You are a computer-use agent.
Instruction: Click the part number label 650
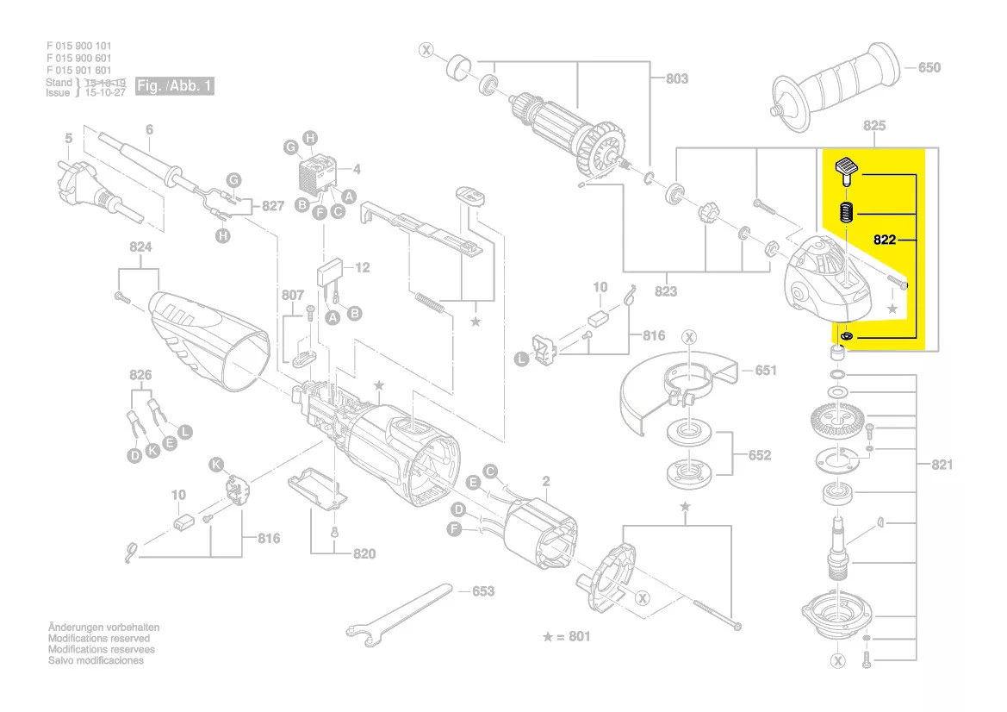click(929, 68)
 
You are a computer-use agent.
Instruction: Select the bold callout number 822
click(886, 240)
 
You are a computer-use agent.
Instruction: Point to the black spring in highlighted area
click(847, 212)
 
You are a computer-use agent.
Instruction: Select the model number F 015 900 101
click(78, 46)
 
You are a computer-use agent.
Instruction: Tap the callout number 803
click(677, 78)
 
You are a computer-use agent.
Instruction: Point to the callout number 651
click(765, 371)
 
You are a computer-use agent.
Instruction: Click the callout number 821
click(942, 465)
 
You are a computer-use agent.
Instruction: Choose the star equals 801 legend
click(567, 637)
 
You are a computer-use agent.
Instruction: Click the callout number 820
click(364, 553)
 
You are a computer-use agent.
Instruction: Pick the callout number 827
click(272, 206)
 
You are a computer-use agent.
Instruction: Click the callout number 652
click(760, 455)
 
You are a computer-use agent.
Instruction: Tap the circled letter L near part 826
click(186, 430)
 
